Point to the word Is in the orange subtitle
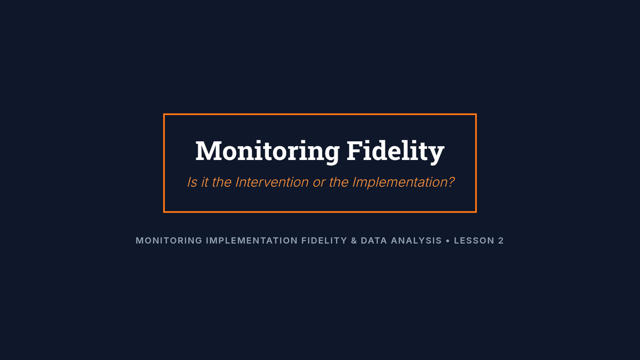coord(192,182)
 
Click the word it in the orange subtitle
coord(205,182)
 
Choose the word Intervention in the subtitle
coord(271,182)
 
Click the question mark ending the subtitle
coord(451,182)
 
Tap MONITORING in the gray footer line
coord(169,241)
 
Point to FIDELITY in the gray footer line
coord(324,241)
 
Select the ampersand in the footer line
coord(354,241)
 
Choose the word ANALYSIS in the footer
coord(417,241)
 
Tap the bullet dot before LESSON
coord(447,241)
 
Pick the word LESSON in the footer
coord(474,241)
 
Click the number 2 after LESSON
coord(501,241)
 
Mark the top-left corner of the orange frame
coord(164,114)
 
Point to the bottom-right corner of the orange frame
coord(476,212)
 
